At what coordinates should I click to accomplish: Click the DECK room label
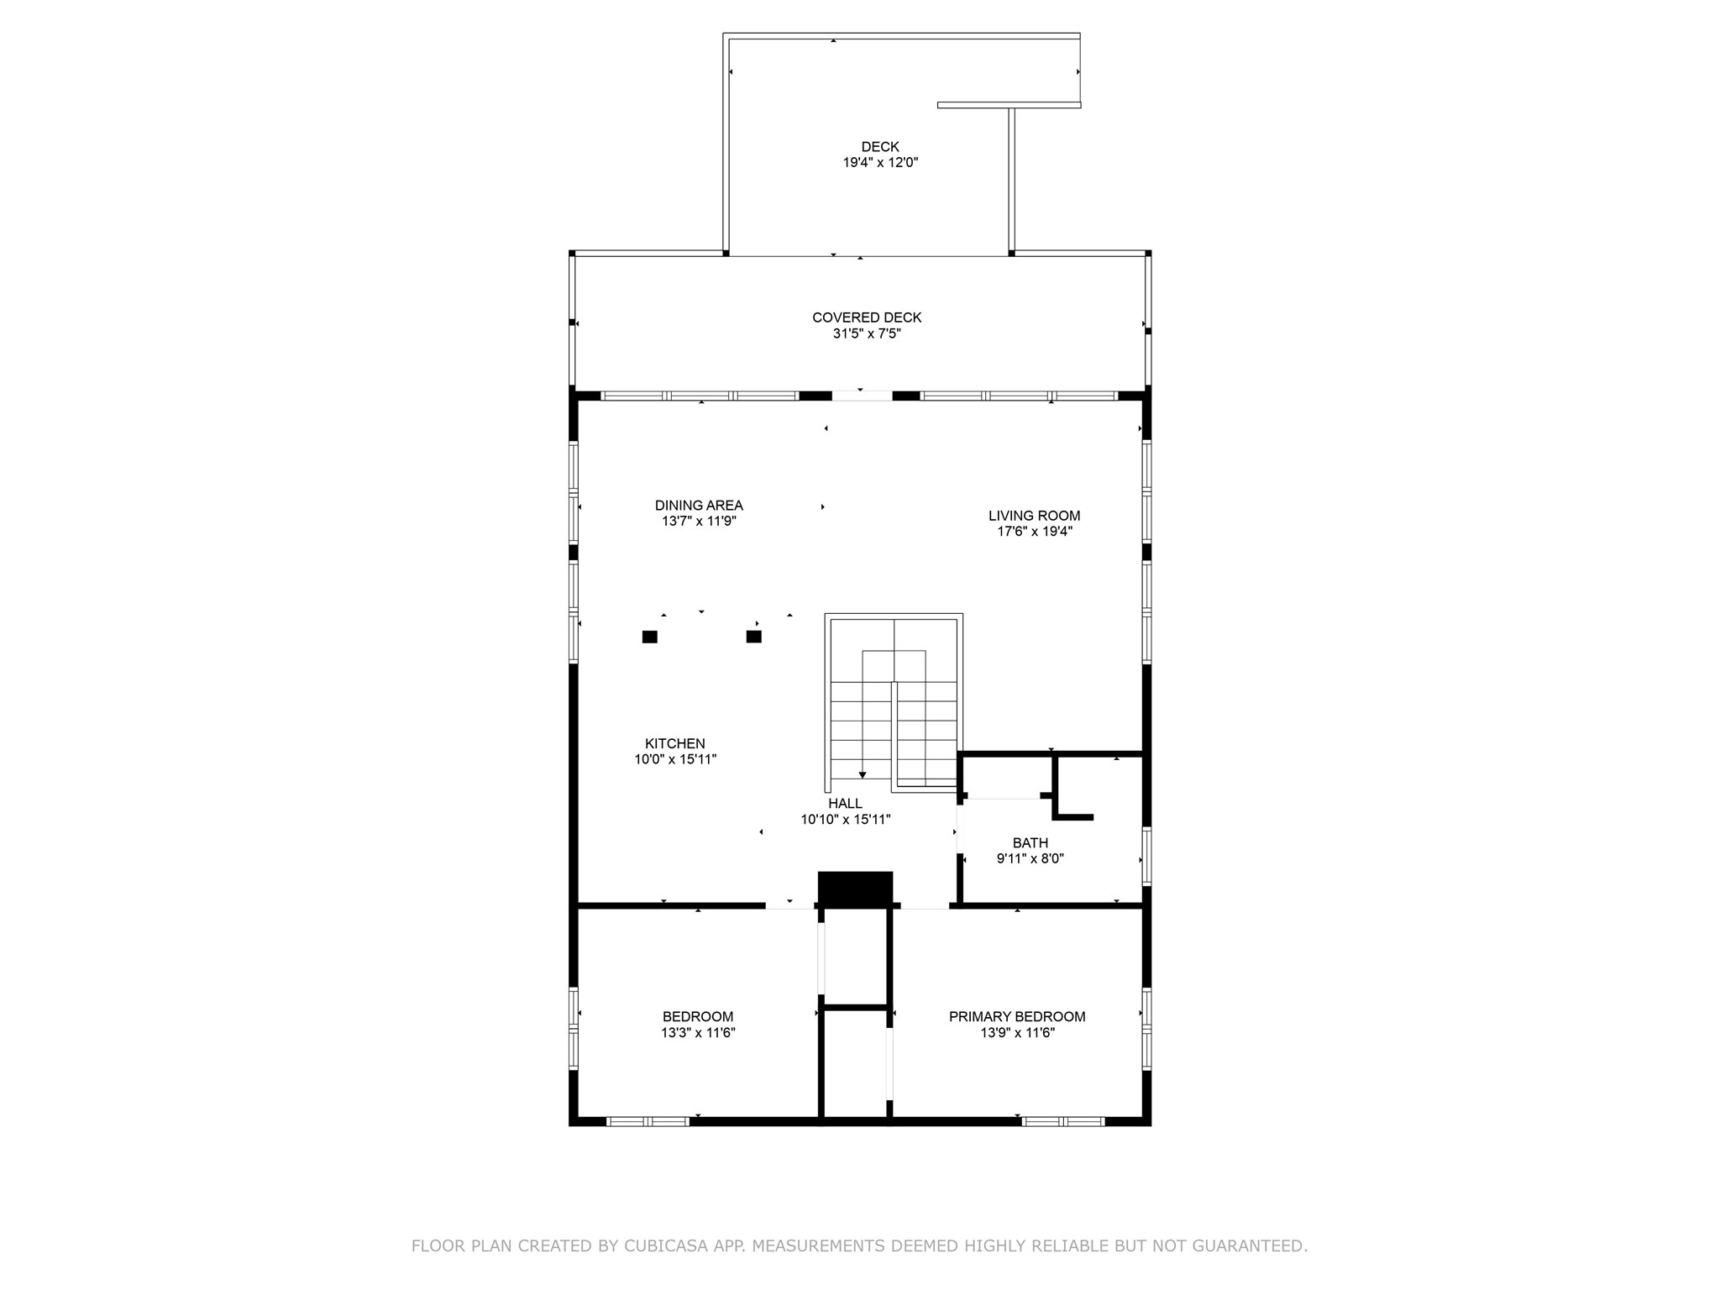[879, 147]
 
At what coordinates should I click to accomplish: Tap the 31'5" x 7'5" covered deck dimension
[867, 333]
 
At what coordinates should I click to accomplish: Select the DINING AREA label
[699, 506]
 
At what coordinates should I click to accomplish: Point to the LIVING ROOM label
[1034, 516]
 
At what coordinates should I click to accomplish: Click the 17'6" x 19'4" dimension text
[1034, 532]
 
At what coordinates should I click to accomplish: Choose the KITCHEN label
[674, 743]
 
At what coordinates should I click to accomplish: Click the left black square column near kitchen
[649, 637]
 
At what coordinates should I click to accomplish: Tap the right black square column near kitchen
[753, 637]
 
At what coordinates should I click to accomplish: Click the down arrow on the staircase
[862, 774]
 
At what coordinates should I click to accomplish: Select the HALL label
[845, 804]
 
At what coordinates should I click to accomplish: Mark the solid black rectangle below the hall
[855, 889]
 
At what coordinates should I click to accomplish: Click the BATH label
[1030, 843]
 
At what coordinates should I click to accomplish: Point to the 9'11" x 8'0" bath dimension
[1030, 859]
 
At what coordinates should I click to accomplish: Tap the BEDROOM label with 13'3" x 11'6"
[697, 1017]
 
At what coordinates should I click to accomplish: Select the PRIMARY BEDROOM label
[1016, 1017]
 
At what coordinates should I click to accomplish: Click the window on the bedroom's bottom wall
[648, 1121]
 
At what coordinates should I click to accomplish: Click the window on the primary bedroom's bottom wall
[1062, 1121]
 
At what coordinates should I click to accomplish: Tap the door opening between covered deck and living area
[862, 396]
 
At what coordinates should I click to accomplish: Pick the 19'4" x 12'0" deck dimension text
[879, 163]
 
